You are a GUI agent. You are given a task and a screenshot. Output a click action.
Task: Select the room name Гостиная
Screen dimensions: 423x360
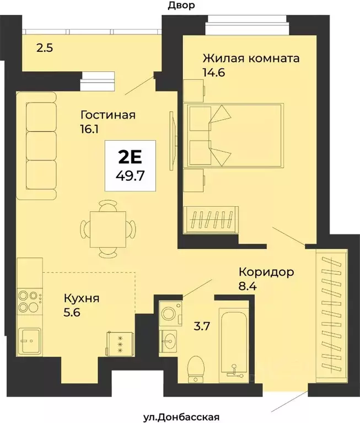click(108, 115)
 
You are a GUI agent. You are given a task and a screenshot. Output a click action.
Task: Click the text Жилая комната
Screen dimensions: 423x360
click(250, 58)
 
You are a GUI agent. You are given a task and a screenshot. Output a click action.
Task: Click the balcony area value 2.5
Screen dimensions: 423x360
click(45, 48)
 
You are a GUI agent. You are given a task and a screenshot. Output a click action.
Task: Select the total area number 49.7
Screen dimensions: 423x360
click(132, 176)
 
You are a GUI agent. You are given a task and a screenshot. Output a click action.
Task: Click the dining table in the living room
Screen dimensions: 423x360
click(108, 227)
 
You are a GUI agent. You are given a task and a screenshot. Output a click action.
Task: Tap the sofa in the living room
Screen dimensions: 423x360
click(37, 146)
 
